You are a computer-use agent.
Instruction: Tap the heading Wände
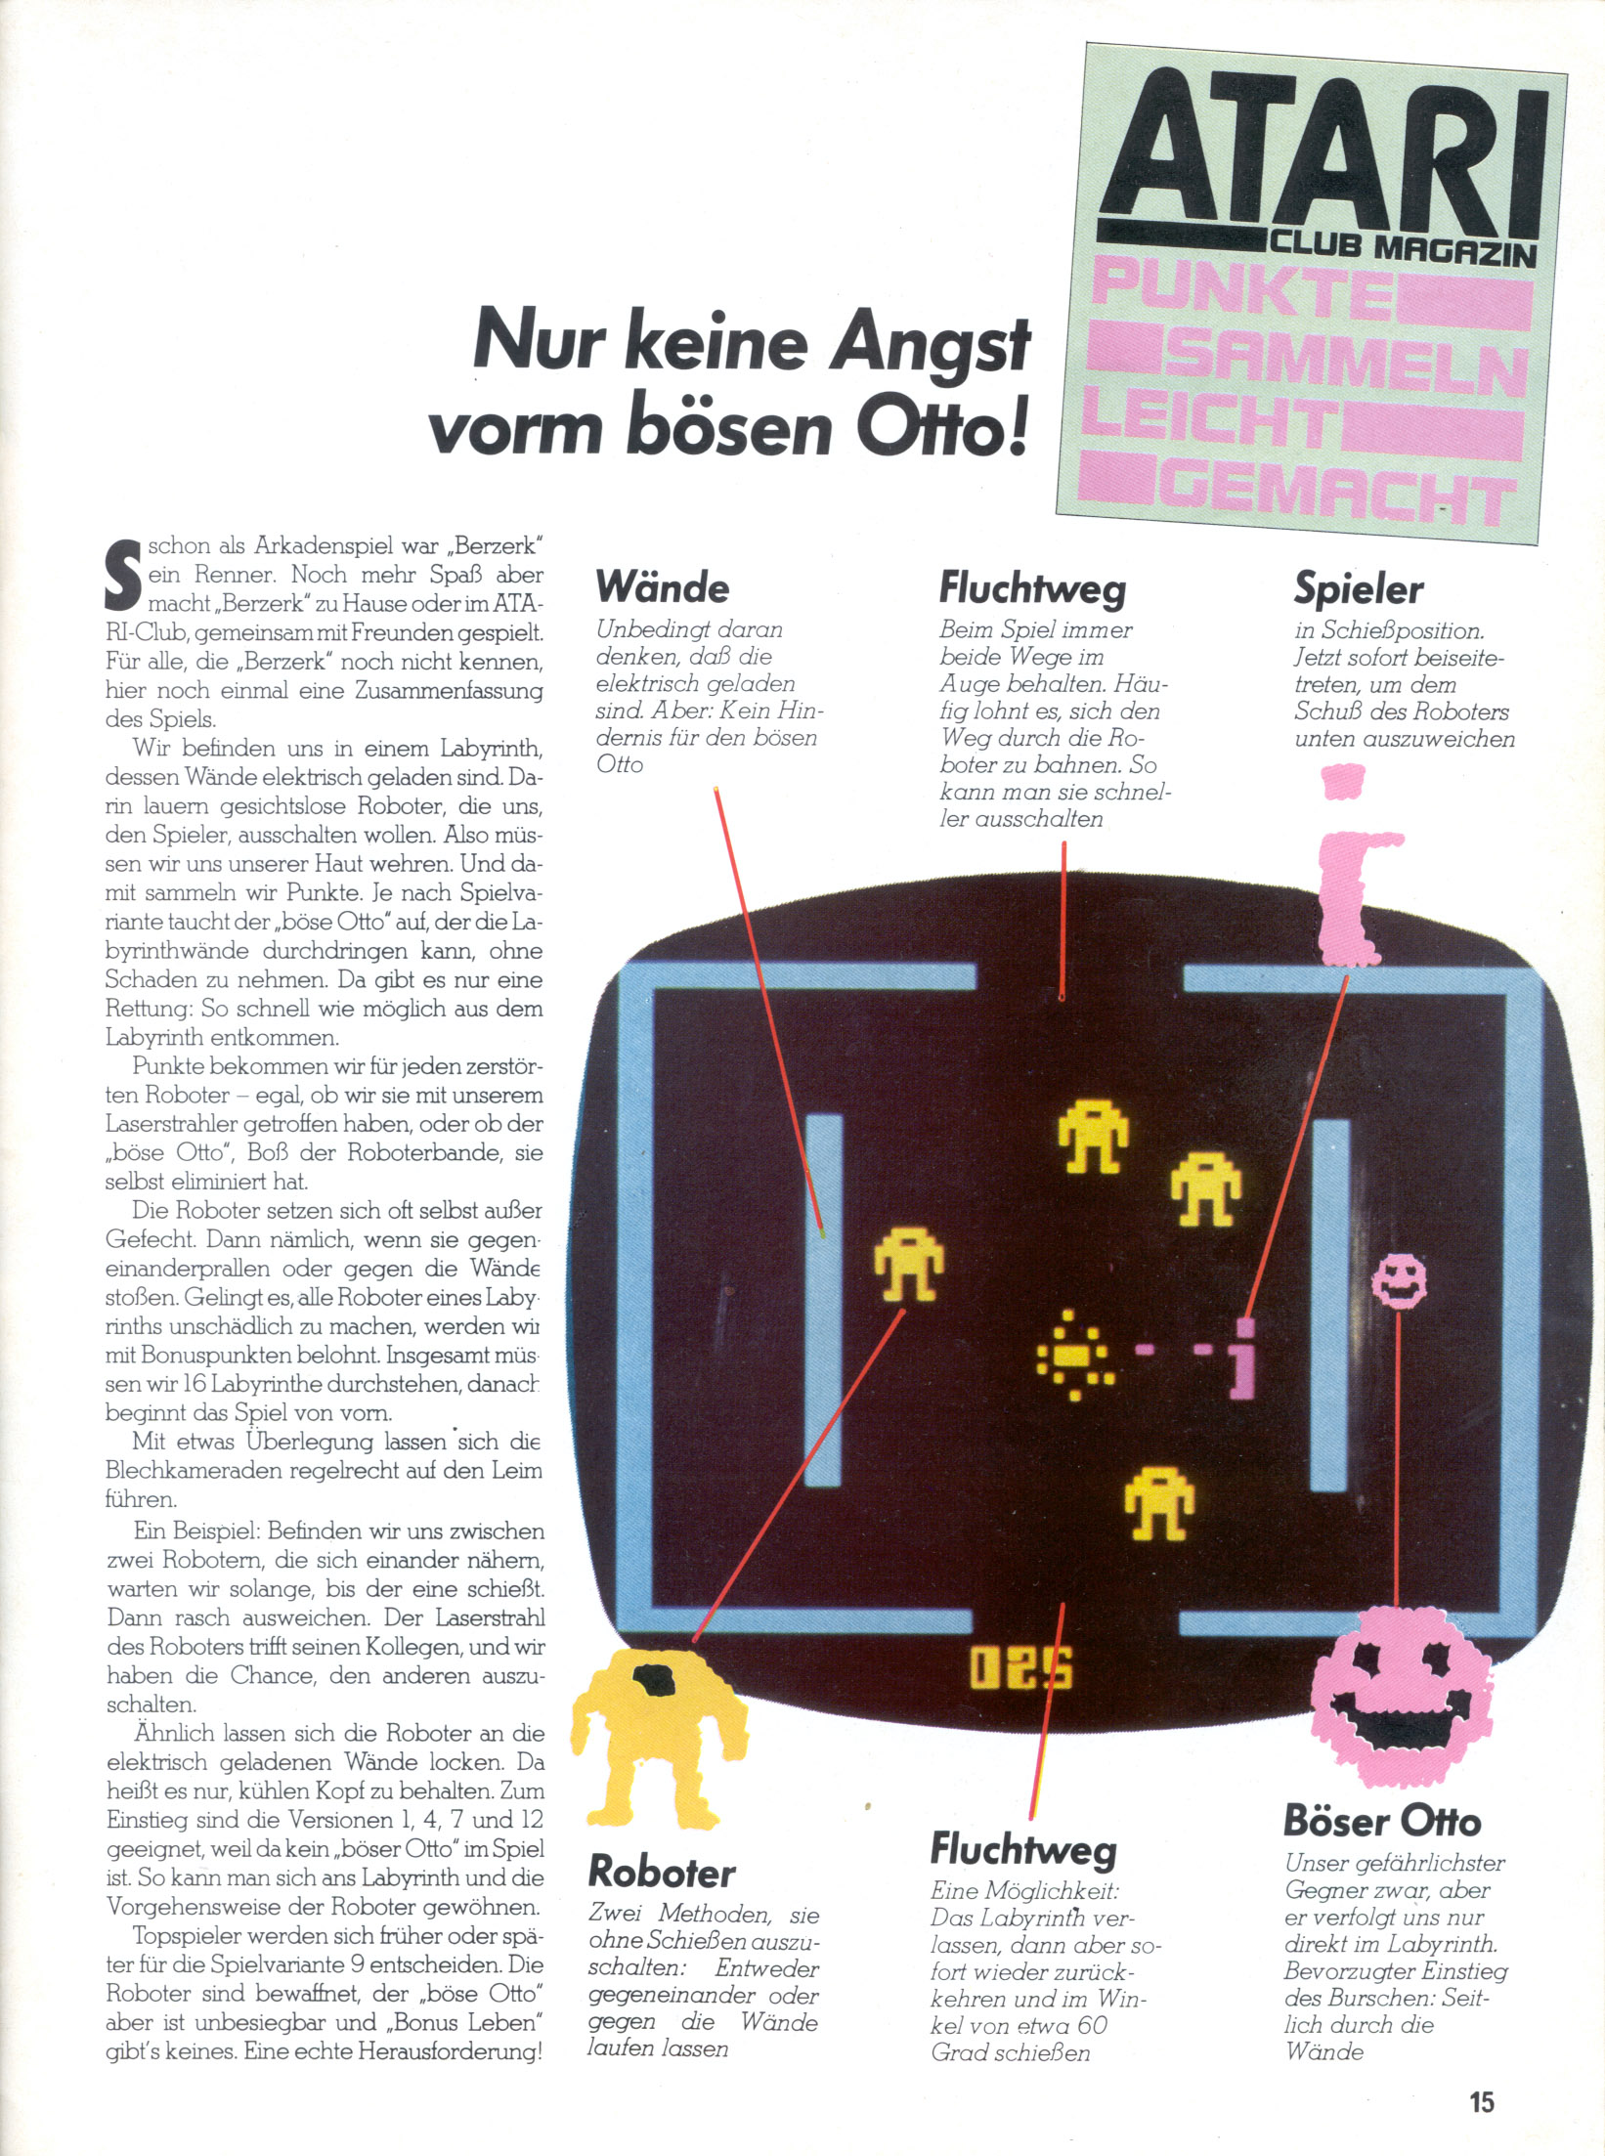click(x=663, y=587)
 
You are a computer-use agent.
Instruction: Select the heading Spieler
click(x=1358, y=588)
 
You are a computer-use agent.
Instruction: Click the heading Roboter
click(x=662, y=1872)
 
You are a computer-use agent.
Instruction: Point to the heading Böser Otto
click(x=1381, y=1821)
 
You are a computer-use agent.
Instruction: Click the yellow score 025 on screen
click(x=1020, y=1668)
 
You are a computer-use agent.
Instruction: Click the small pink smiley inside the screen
click(x=1399, y=1281)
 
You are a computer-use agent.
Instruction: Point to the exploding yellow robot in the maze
click(x=1074, y=1355)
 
